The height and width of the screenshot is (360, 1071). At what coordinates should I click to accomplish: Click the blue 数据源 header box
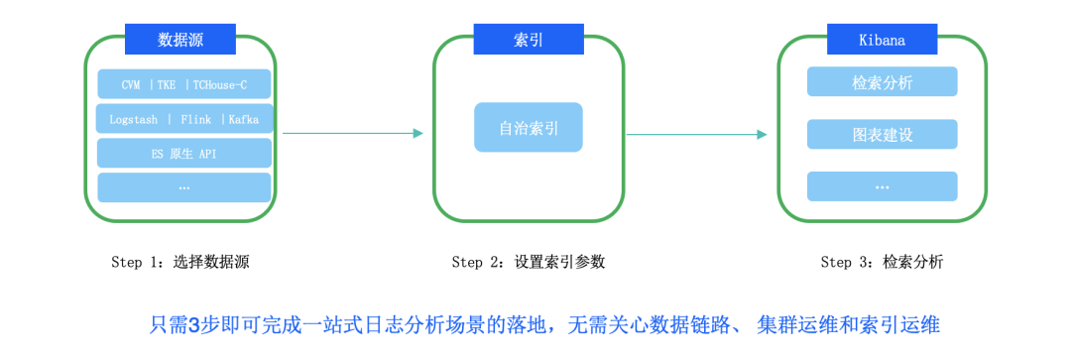click(179, 40)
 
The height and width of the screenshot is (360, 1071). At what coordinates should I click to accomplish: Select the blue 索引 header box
click(528, 40)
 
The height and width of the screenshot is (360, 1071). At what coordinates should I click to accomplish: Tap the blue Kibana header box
click(882, 40)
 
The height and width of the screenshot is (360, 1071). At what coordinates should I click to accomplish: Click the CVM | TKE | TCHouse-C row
click(183, 84)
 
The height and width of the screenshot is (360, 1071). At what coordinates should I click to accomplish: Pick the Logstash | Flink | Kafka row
click(183, 119)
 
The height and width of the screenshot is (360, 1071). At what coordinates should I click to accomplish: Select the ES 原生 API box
click(183, 153)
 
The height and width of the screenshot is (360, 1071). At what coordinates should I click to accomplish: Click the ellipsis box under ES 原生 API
click(183, 186)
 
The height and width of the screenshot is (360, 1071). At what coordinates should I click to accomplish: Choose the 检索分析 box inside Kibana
click(882, 82)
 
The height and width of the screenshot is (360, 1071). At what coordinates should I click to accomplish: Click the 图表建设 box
click(882, 134)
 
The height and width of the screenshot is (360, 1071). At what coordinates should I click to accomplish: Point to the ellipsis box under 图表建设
click(882, 185)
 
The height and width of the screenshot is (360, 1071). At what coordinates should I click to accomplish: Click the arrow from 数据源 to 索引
click(352, 133)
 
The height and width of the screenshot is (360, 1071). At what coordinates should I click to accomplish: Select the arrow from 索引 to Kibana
click(696, 134)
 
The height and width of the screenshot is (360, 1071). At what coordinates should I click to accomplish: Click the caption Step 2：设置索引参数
click(528, 263)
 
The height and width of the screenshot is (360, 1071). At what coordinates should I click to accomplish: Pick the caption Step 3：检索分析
click(882, 263)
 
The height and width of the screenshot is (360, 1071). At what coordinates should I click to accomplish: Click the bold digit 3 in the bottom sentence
click(194, 324)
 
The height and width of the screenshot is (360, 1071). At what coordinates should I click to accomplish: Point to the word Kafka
click(243, 119)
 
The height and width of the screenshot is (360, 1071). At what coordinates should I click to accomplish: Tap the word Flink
click(195, 119)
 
